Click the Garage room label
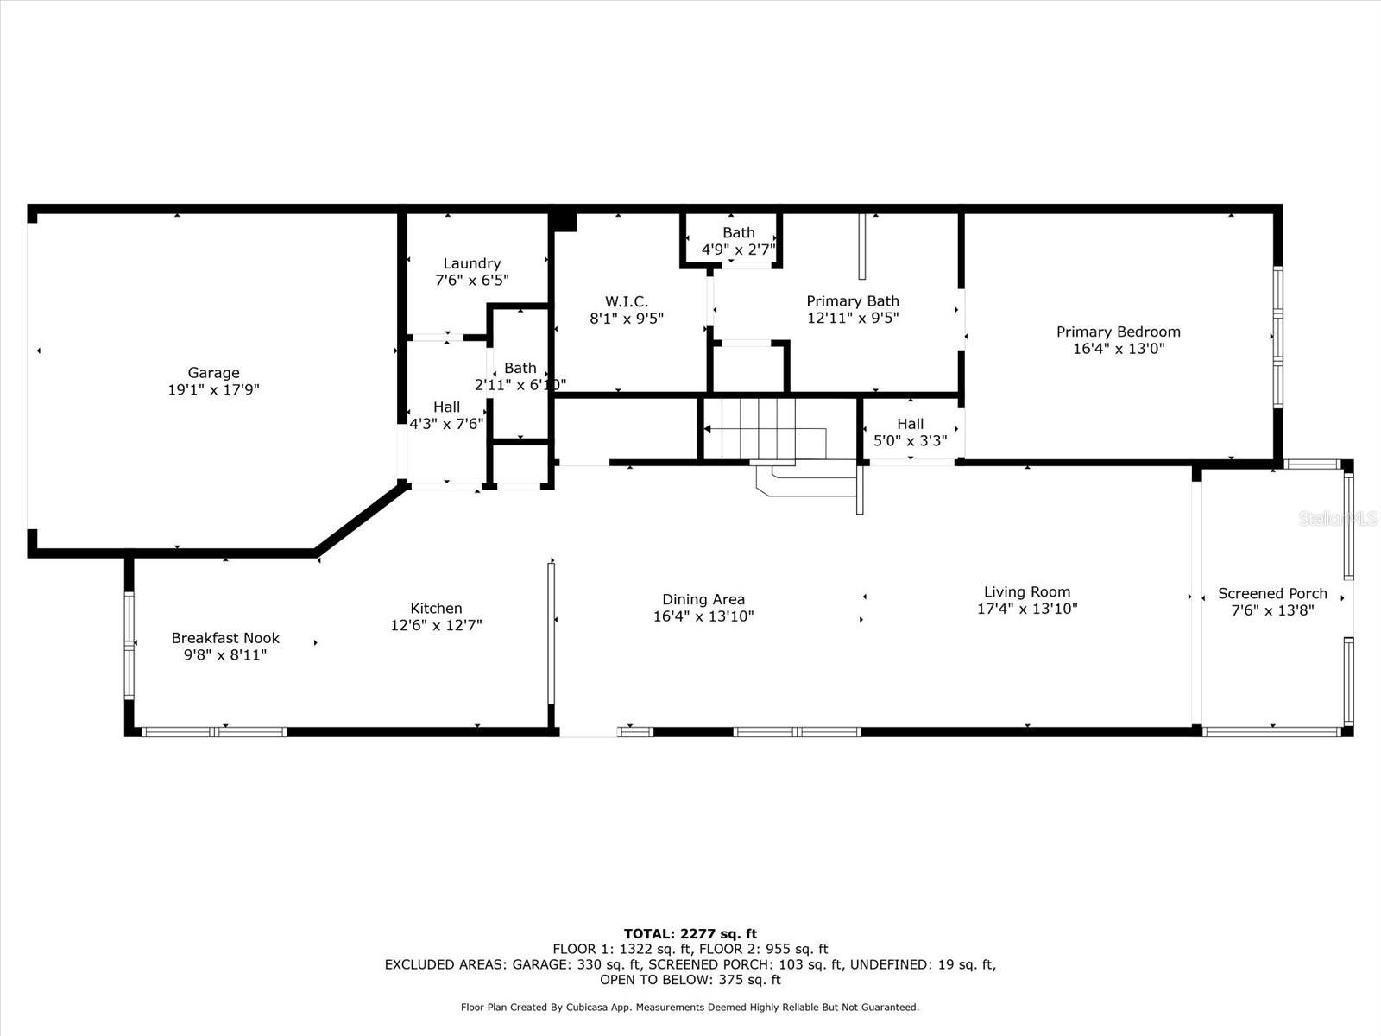(x=213, y=372)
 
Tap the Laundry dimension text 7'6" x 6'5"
(x=472, y=280)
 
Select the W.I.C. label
(x=627, y=301)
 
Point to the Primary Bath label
(x=853, y=301)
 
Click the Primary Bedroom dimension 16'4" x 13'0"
(x=1119, y=349)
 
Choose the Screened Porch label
(x=1272, y=593)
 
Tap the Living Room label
(x=1027, y=592)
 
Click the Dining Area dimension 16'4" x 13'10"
(x=703, y=616)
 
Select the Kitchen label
(x=436, y=609)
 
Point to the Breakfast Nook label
(x=225, y=638)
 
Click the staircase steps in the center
(x=765, y=429)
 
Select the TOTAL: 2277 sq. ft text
(x=690, y=933)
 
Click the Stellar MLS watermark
(x=1338, y=518)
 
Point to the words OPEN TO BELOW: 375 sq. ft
(x=690, y=979)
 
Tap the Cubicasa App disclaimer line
(x=690, y=1007)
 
